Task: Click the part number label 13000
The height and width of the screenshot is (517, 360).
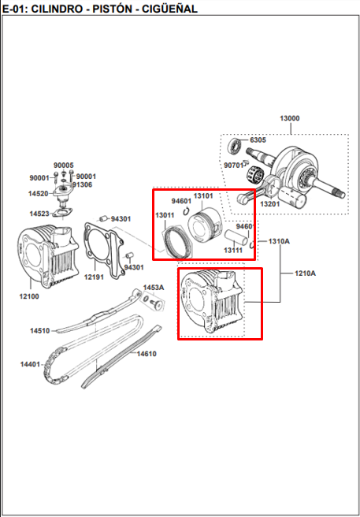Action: (x=290, y=118)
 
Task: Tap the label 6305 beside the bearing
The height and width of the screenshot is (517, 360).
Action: (x=258, y=140)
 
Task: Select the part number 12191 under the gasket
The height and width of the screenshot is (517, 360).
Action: (x=94, y=277)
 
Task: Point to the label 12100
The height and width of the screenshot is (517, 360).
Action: (x=29, y=296)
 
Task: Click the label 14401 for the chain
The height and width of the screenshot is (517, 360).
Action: (x=30, y=364)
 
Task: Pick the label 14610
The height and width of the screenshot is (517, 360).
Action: (x=147, y=354)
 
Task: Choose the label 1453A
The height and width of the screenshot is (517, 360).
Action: (x=154, y=288)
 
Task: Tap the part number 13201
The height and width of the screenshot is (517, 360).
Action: (x=269, y=204)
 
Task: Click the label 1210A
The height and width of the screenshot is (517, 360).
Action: (x=306, y=273)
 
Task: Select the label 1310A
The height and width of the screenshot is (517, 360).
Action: (x=279, y=241)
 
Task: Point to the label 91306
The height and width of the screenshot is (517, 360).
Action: (x=83, y=185)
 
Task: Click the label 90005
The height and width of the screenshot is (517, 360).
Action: (x=64, y=166)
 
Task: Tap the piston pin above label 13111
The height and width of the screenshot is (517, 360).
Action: (x=236, y=236)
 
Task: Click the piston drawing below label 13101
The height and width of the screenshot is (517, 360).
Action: (x=203, y=225)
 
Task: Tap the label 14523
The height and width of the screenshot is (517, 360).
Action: (x=39, y=214)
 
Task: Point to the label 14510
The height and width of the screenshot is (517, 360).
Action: (x=40, y=331)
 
